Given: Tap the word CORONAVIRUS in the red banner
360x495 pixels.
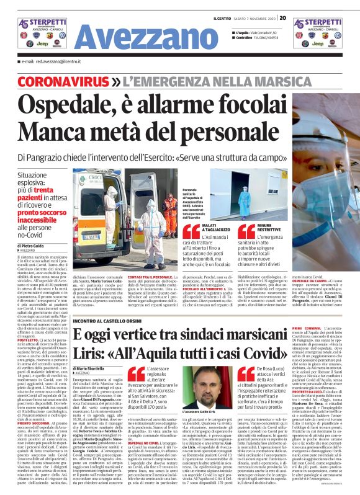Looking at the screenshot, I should (x=68, y=82).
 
